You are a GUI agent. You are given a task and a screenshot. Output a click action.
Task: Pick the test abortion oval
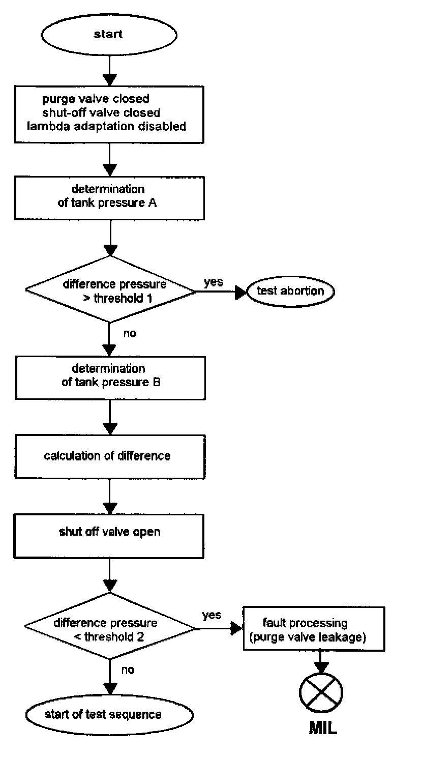pyautogui.click(x=291, y=291)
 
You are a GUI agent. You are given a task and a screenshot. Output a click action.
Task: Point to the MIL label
pyautogui.click(x=322, y=729)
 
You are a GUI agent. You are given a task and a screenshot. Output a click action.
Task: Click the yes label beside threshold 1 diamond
pyautogui.click(x=213, y=282)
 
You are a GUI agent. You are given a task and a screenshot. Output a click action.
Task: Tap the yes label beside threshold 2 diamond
pyautogui.click(x=211, y=615)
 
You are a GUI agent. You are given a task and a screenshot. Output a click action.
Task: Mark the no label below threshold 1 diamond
pyautogui.click(x=130, y=334)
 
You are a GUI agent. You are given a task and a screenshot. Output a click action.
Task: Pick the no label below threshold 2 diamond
pyautogui.click(x=128, y=670)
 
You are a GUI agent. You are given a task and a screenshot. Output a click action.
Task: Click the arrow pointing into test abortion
pyautogui.click(x=239, y=292)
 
